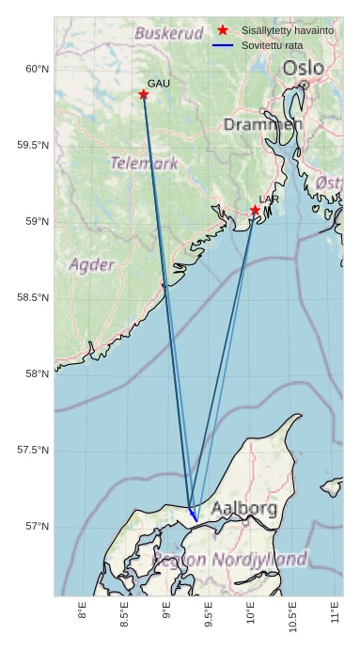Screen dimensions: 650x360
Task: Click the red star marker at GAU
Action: coord(144,94)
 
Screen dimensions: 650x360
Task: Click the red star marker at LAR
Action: coord(255,210)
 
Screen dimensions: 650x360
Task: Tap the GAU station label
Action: coord(159,84)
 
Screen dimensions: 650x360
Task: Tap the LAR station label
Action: coord(269,199)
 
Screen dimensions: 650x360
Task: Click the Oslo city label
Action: coord(303,68)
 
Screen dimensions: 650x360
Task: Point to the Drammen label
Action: coord(263,124)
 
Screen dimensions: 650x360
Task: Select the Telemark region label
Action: coord(144,163)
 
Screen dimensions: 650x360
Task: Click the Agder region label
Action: coord(92,264)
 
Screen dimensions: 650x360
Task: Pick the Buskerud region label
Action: coord(169,33)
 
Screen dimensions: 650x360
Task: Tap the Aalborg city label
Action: coord(243,509)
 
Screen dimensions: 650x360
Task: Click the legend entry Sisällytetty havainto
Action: coord(288,30)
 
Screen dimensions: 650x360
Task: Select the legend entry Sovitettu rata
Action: coord(273,44)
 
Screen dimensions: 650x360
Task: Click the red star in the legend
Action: coord(223,30)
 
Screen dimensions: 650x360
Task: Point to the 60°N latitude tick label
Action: coord(36,69)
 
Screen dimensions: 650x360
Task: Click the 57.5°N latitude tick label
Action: coord(33,451)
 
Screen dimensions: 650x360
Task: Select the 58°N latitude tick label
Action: coord(36,374)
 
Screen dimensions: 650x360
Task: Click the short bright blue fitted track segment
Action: coord(193,515)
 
